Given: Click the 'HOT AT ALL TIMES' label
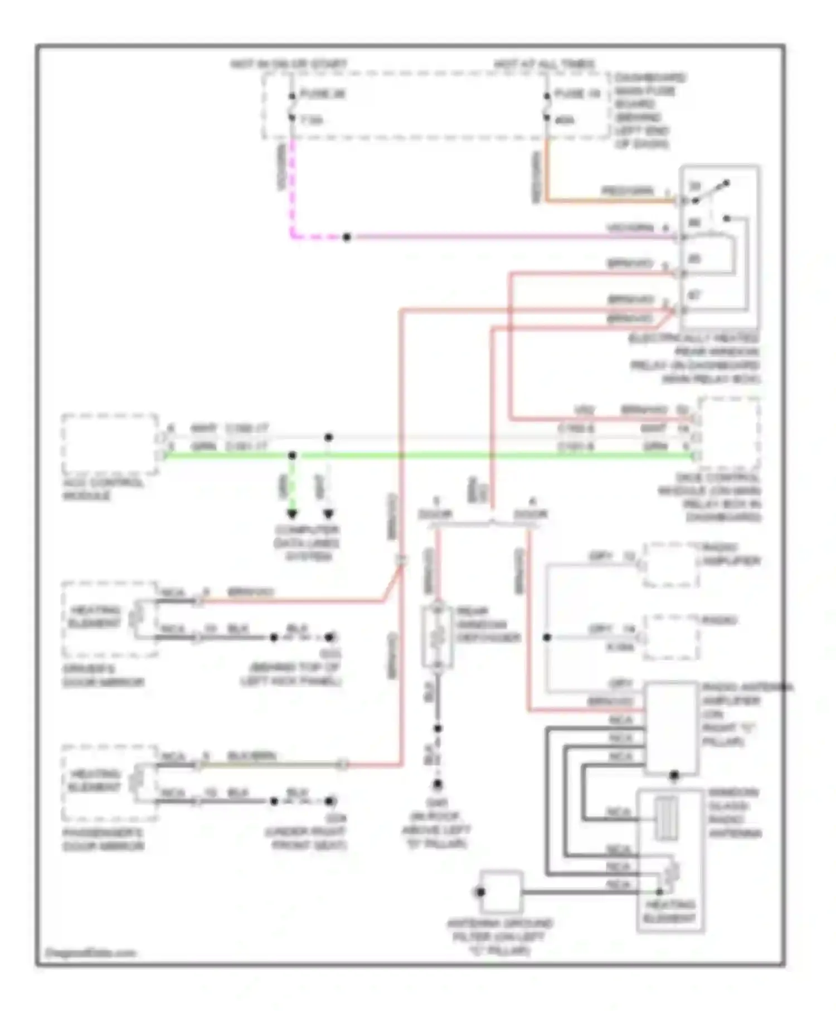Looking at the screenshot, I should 545,65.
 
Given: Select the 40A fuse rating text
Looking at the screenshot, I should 565,120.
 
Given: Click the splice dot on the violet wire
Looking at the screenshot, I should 347,237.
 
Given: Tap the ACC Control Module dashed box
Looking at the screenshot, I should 110,444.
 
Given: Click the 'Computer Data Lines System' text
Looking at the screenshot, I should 307,543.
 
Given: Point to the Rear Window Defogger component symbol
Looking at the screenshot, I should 438,636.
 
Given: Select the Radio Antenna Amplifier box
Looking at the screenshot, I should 671,727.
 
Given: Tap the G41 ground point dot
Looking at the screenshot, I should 438,784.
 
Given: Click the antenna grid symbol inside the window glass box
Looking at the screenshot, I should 665,818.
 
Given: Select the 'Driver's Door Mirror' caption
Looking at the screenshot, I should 104,675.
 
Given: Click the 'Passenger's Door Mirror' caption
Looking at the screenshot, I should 104,839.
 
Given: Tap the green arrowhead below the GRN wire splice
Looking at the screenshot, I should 292,513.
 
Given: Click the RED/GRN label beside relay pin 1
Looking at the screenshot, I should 627,191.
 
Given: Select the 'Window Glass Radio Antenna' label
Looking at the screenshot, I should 735,813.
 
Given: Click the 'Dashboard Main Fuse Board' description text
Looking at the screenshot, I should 650,110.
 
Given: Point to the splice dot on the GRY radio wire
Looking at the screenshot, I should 547,637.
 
